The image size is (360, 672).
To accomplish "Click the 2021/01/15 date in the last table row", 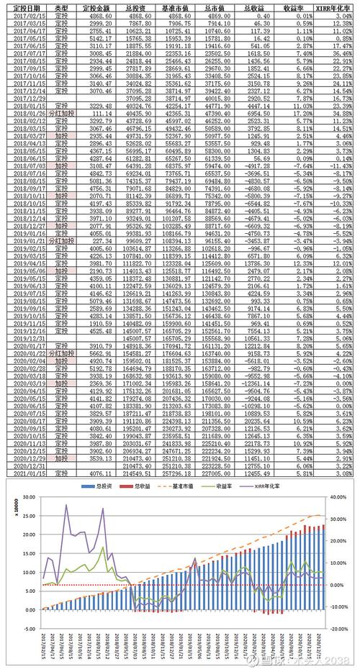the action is [x=24, y=475].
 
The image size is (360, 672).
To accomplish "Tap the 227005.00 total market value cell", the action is [x=215, y=475].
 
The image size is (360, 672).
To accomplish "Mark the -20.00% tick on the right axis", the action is [x=338, y=628].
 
